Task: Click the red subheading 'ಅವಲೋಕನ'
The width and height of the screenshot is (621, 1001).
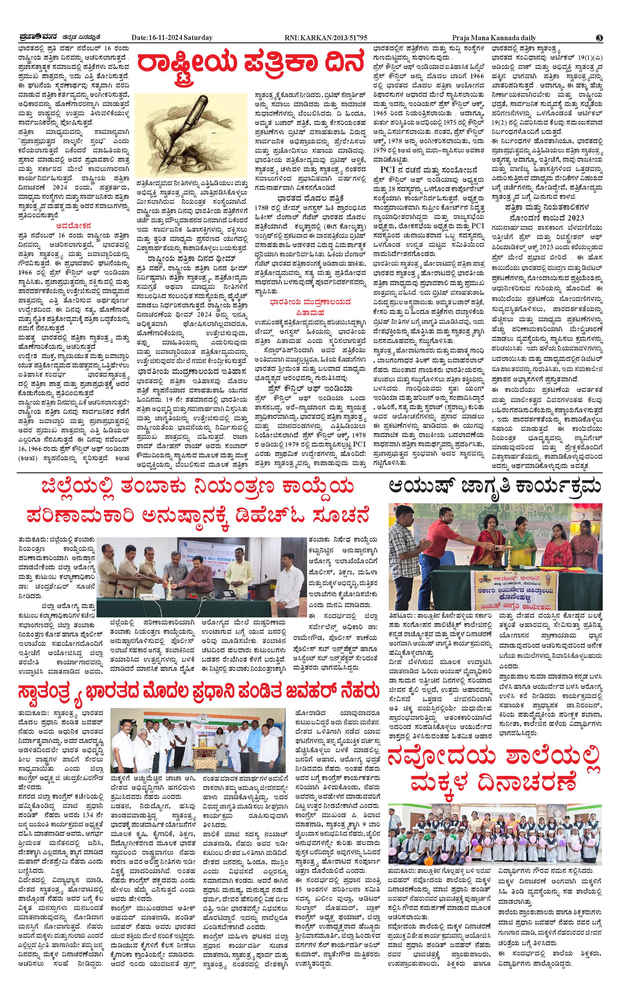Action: [74, 225]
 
